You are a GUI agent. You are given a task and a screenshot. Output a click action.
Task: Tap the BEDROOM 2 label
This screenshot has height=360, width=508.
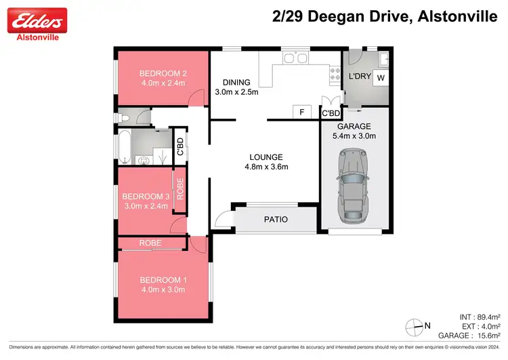163,74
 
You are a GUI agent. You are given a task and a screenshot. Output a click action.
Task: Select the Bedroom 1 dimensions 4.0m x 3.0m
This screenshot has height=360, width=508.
163,289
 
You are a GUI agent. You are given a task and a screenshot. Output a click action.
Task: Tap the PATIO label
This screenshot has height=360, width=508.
276,219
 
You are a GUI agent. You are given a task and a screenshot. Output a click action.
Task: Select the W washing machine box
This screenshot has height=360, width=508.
381,77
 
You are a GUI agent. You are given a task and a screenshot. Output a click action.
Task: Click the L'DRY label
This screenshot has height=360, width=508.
359,77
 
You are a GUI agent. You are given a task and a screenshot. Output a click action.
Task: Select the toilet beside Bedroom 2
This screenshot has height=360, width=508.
124,119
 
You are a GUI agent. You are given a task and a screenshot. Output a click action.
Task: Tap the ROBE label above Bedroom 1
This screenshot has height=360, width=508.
150,242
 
